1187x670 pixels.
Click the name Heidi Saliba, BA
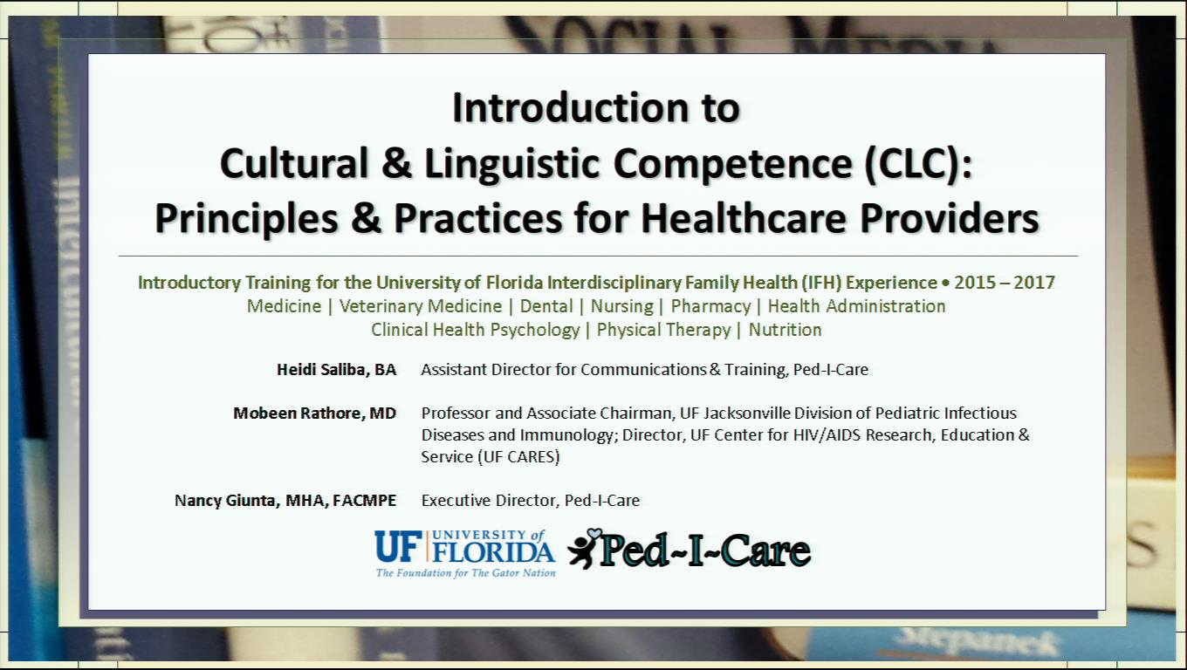[x=336, y=370]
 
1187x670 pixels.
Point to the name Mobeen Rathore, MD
[x=314, y=414]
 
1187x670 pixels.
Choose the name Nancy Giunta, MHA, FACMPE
[x=285, y=501]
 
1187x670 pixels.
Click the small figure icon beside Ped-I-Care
[x=583, y=548]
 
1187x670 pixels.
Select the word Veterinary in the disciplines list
[x=379, y=306]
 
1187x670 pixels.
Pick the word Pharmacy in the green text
[x=710, y=306]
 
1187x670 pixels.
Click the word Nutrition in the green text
[x=785, y=330]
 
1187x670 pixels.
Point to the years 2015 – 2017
[x=1004, y=283]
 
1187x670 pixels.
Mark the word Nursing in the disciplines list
[x=621, y=306]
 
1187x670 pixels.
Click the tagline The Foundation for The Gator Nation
[x=465, y=573]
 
